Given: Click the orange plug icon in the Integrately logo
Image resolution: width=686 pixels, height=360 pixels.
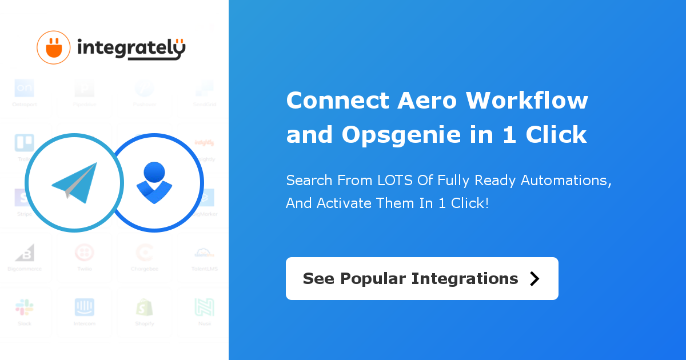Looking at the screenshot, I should (53, 47).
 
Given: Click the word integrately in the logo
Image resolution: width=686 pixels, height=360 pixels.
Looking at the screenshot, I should (131, 49).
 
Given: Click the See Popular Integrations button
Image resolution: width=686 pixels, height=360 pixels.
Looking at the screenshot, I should (422, 278).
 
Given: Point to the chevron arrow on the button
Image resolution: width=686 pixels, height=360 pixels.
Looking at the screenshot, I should (535, 278).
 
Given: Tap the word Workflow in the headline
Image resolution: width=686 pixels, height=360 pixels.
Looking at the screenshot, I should (527, 101).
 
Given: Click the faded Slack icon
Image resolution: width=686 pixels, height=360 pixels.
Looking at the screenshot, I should (25, 307).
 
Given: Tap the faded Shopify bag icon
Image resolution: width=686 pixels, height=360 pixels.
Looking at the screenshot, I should (144, 307).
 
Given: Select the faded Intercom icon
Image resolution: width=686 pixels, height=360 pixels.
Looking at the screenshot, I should (85, 307).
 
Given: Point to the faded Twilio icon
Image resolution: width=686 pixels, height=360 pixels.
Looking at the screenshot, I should (85, 252).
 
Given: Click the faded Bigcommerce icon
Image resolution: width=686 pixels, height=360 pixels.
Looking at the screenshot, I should (25, 252).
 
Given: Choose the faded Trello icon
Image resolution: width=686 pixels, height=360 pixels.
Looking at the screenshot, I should (25, 143).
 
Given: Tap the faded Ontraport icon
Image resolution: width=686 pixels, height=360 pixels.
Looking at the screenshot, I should (25, 88).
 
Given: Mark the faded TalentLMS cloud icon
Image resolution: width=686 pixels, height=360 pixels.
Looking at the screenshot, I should (204, 252).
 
